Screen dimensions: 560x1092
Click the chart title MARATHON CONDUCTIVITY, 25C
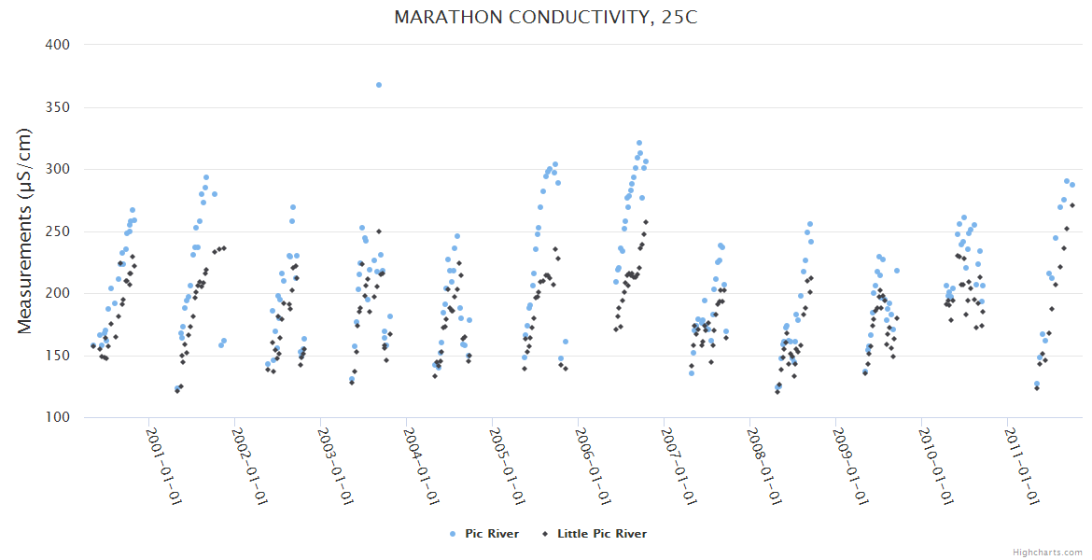[546, 18]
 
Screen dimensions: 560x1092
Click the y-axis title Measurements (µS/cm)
[25, 231]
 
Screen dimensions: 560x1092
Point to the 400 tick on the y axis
[58, 45]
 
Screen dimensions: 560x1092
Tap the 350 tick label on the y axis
[58, 107]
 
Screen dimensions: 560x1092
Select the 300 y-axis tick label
[58, 169]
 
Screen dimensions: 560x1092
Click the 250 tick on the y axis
[58, 231]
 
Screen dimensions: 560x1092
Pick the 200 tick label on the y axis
[58, 293]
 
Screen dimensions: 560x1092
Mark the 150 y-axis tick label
[58, 356]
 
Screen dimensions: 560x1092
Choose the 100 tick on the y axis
[58, 417]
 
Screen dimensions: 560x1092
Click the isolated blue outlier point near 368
[379, 85]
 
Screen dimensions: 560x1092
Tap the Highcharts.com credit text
[1047, 552]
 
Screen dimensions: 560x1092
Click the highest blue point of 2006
[639, 143]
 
